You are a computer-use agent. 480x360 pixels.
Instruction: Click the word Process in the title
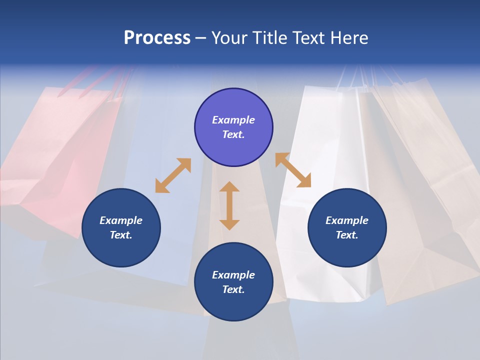click(157, 38)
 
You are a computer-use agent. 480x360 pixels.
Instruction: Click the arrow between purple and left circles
click(173, 175)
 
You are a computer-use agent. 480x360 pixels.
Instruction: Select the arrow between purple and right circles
click(293, 170)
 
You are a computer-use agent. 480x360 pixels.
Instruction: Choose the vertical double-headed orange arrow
click(229, 205)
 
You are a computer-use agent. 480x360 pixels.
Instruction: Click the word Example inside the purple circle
click(233, 120)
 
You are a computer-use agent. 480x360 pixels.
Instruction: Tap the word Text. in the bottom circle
click(233, 289)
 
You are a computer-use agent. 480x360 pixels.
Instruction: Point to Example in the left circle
click(121, 220)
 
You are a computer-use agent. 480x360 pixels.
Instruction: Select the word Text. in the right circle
click(347, 235)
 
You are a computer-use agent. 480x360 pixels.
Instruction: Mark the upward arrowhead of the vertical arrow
click(229, 187)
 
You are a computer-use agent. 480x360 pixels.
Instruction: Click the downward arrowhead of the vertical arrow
click(229, 224)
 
